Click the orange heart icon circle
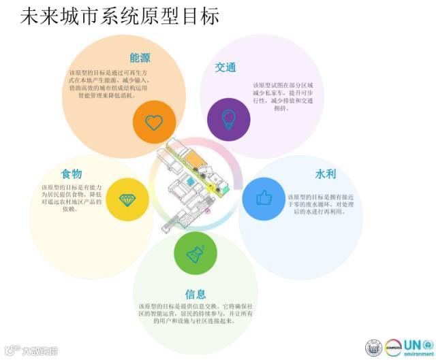pyautogui.click(x=155, y=122)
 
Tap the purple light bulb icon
pyautogui.click(x=228, y=116)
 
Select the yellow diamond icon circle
pyautogui.click(x=127, y=199)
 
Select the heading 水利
pyautogui.click(x=326, y=174)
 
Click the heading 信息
pyautogui.click(x=196, y=294)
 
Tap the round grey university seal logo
pyautogui.click(x=373, y=346)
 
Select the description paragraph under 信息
pyautogui.click(x=196, y=317)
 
